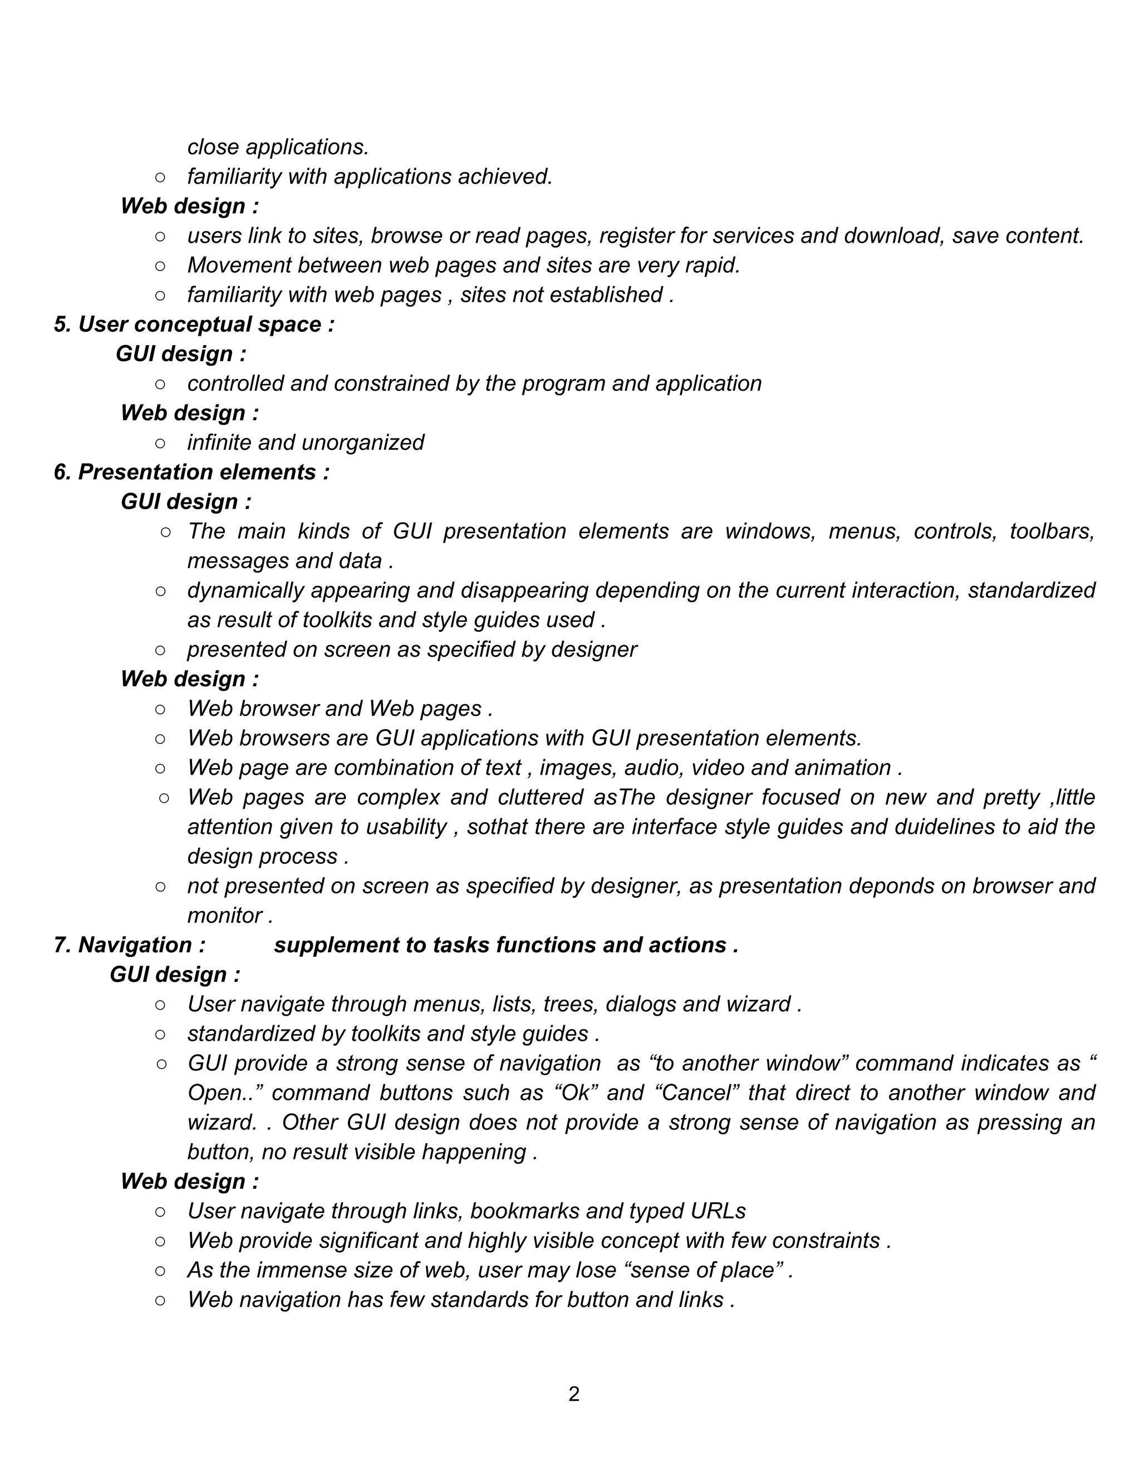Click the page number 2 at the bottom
pyautogui.click(x=573, y=1394)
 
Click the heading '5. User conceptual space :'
pyautogui.click(x=194, y=324)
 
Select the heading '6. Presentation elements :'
pyautogui.click(x=191, y=472)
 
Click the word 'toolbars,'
pyautogui.click(x=1051, y=532)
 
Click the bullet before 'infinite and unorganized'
pyautogui.click(x=160, y=443)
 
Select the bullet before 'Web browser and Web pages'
pyautogui.click(x=160, y=709)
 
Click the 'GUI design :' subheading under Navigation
pyautogui.click(x=175, y=975)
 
